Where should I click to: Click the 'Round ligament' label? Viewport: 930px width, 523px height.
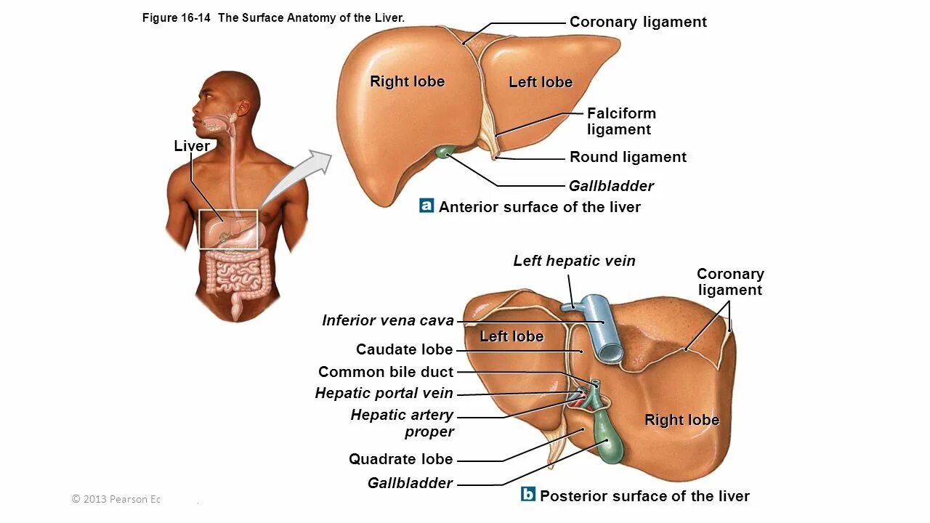[x=628, y=157]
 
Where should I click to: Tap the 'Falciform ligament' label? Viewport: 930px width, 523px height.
[x=620, y=121]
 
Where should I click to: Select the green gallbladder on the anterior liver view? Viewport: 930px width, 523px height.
[x=444, y=152]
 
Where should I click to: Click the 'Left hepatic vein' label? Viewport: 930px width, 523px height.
[x=574, y=261]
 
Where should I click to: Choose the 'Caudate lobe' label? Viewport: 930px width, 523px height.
[x=404, y=349]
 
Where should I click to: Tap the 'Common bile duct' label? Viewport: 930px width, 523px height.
[x=385, y=372]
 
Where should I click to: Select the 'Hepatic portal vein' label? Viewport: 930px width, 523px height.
[x=384, y=394]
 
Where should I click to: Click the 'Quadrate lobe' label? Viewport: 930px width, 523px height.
[x=400, y=459]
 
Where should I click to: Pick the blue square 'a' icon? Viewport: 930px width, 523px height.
[x=426, y=206]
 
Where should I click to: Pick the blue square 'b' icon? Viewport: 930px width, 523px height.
[x=528, y=495]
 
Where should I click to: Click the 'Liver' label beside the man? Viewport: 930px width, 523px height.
[x=192, y=146]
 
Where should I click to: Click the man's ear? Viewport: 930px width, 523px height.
[x=243, y=108]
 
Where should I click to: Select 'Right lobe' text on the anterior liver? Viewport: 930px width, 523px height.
[x=407, y=81]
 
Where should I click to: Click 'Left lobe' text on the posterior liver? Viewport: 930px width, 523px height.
[x=511, y=336]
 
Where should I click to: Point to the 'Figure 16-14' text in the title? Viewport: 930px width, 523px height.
[x=177, y=18]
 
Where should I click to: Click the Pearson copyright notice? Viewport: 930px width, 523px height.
[x=116, y=499]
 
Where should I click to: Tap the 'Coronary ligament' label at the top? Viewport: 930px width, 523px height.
[x=638, y=22]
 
